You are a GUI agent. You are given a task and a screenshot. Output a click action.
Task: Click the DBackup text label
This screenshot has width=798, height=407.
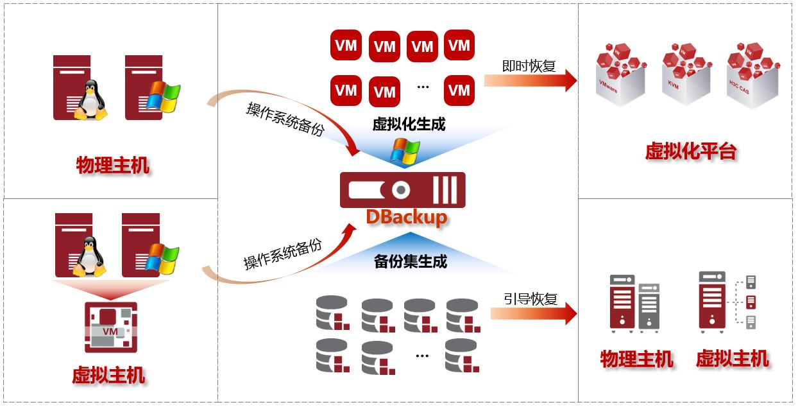point(407,217)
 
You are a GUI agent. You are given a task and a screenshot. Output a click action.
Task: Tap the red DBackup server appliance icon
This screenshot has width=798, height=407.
point(402,190)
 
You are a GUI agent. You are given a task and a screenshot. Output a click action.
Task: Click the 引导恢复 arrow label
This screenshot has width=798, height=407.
point(530,299)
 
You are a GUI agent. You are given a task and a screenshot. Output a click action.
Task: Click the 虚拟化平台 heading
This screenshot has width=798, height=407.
point(690,152)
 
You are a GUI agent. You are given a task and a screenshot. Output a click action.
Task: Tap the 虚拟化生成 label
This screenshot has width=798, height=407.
point(409,125)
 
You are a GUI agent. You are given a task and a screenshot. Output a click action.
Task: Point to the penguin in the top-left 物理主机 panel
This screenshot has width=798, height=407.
point(91,100)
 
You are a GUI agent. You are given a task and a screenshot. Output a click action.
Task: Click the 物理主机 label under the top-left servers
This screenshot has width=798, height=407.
point(113,166)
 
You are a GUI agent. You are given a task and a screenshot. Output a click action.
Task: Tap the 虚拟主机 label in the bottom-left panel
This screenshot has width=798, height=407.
point(108,375)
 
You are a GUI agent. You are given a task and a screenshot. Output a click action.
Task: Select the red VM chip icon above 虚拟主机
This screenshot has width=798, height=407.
point(110,327)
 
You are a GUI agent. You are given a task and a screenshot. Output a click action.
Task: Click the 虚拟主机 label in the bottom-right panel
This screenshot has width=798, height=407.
point(732,359)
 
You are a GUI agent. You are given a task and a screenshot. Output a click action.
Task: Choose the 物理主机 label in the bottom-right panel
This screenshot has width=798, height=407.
point(636,359)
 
